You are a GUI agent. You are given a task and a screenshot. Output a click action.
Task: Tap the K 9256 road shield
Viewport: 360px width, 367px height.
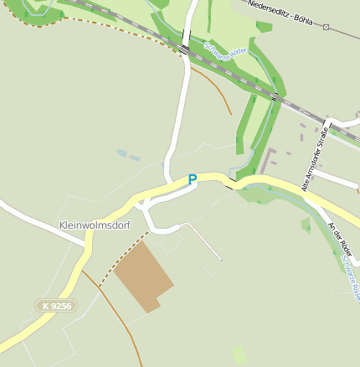coord(56,306)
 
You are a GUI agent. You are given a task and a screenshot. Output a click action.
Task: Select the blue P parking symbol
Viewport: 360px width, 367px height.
coord(192,179)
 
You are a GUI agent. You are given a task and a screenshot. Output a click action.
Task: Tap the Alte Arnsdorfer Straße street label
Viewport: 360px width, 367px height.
coord(315,158)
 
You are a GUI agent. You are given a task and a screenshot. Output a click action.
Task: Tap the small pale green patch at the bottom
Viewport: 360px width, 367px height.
coord(239,354)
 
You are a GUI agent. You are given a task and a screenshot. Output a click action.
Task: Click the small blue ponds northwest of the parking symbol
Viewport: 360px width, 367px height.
coord(127,155)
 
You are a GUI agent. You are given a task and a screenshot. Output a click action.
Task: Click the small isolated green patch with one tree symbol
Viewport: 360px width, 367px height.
coord(306,225)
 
